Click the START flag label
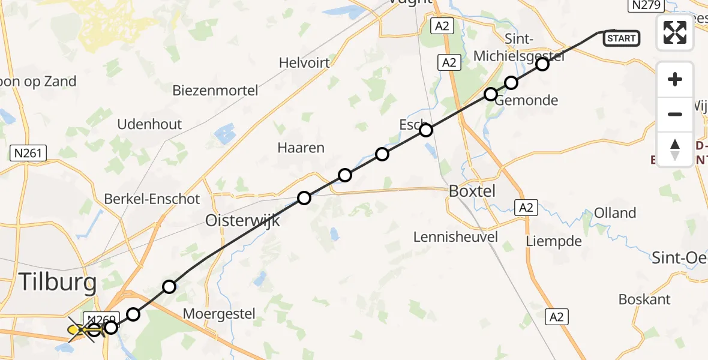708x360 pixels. pyautogui.click(x=621, y=38)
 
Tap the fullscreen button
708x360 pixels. pyautogui.click(x=675, y=32)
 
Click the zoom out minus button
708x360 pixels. pyautogui.click(x=675, y=114)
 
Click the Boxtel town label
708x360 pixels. pyautogui.click(x=472, y=191)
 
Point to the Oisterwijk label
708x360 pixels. pyautogui.click(x=242, y=220)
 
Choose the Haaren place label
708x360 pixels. pyautogui.click(x=301, y=148)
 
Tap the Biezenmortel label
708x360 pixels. pyautogui.click(x=215, y=91)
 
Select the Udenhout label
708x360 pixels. pyautogui.click(x=149, y=124)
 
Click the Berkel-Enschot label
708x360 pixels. pyautogui.click(x=152, y=199)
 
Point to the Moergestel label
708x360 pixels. pyautogui.click(x=219, y=313)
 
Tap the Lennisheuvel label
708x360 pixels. pyautogui.click(x=455, y=236)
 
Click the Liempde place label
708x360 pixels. pyautogui.click(x=554, y=241)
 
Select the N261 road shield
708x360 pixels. pyautogui.click(x=28, y=154)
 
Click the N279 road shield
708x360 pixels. pyautogui.click(x=645, y=5)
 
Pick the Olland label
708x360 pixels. pyautogui.click(x=615, y=213)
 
